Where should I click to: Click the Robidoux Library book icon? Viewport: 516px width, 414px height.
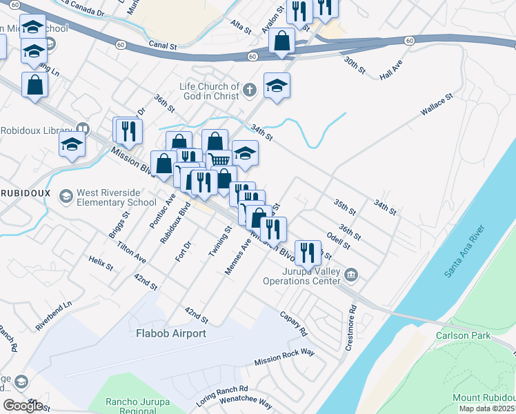tap(83, 129)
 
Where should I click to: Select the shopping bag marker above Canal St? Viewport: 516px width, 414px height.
tap(282, 41)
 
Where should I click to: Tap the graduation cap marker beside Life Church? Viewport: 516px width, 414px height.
tap(277, 86)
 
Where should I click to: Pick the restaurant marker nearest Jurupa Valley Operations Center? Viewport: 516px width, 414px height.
tap(306, 251)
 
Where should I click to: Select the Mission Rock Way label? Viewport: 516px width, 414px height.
tap(284, 357)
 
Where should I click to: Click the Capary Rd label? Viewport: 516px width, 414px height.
tap(293, 322)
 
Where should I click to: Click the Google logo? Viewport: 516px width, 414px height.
tap(23, 405)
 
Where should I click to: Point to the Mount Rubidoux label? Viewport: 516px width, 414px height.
tap(483, 397)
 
